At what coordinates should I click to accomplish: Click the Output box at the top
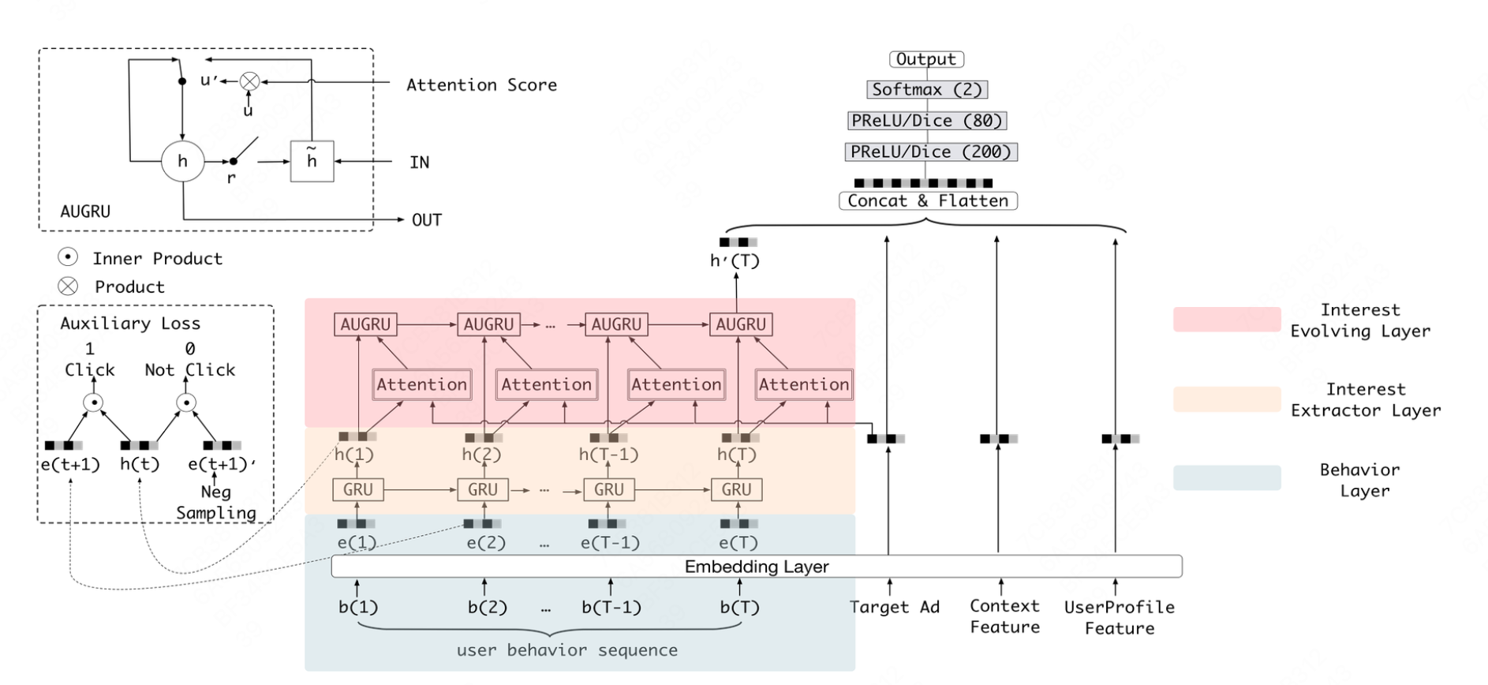tap(926, 59)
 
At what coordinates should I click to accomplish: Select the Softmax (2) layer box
tap(927, 89)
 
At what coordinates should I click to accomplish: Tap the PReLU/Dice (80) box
tap(927, 121)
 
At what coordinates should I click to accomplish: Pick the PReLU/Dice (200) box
tap(931, 152)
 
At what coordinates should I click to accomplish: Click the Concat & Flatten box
tap(928, 201)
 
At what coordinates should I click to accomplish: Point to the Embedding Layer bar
tap(756, 567)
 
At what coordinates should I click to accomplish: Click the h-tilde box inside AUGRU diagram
tap(312, 161)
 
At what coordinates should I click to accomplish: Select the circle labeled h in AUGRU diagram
tap(182, 161)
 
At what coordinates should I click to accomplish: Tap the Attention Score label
tap(481, 85)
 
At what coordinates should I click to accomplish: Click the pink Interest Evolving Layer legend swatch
tap(1226, 320)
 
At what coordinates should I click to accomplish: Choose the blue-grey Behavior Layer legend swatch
tap(1226, 478)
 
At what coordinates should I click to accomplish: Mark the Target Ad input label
tap(895, 607)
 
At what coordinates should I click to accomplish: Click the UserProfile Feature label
tap(1119, 617)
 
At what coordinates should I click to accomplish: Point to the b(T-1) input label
tap(611, 608)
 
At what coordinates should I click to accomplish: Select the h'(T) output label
tap(735, 260)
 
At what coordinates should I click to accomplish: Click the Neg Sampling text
tap(216, 502)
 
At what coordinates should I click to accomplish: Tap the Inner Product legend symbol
tap(68, 257)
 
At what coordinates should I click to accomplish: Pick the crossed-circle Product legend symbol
tap(68, 286)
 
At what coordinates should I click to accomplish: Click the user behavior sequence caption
tap(566, 650)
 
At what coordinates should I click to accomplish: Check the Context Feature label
tap(1004, 616)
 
